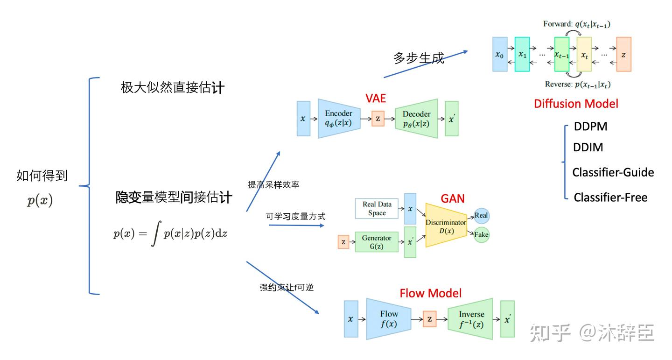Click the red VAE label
click(376, 99)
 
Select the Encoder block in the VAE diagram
click(339, 119)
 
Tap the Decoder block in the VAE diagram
click(416, 119)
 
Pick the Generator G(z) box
click(377, 242)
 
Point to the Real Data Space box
click(377, 208)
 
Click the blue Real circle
click(481, 216)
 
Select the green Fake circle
click(481, 234)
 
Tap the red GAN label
click(453, 198)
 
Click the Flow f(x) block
click(388, 318)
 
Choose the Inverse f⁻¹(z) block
click(470, 318)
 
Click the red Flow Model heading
click(430, 293)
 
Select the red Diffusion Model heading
click(576, 104)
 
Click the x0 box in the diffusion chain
click(500, 55)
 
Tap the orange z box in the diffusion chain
click(623, 55)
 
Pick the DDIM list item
click(588, 148)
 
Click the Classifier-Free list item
click(610, 198)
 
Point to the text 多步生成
click(419, 58)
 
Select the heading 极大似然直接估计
click(173, 87)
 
